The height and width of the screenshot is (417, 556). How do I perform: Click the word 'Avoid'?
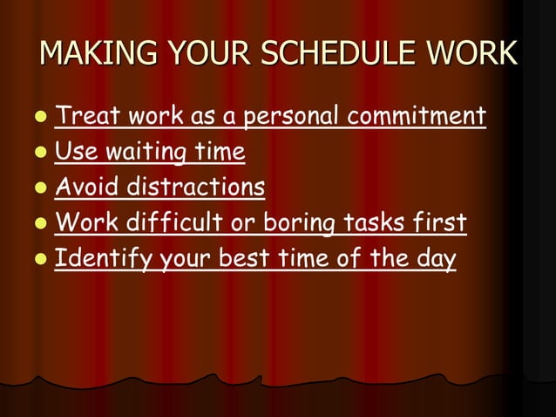(x=87, y=188)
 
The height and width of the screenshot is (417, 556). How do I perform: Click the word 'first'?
(x=437, y=223)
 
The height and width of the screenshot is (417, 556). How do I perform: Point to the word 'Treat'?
(x=85, y=116)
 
